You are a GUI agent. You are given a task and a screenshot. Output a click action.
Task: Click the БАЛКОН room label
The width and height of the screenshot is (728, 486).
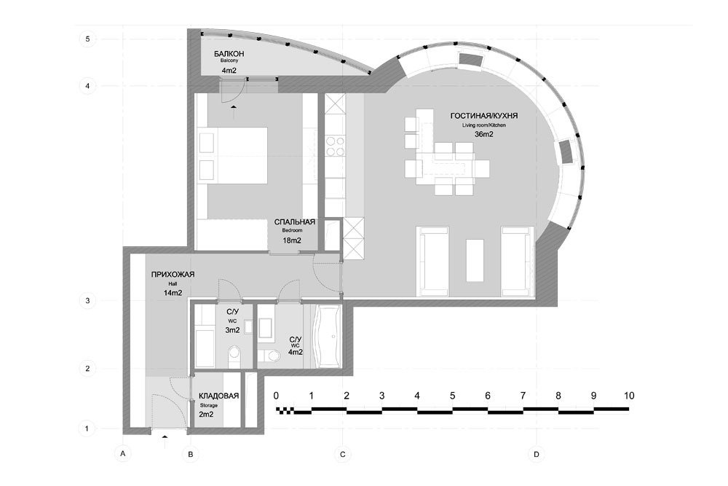coord(229,54)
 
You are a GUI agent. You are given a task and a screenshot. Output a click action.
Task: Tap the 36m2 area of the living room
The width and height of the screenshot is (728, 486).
coord(484,134)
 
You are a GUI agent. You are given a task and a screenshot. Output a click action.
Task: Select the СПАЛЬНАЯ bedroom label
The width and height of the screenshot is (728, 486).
coord(294,222)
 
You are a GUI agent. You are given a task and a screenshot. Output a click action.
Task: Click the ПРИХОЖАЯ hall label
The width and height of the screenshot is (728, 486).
coord(173,275)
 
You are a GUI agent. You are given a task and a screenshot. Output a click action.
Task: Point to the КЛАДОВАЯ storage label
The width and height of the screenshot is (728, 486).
coord(218,396)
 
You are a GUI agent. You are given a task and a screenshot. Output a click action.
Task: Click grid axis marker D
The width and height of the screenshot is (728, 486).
coord(537,455)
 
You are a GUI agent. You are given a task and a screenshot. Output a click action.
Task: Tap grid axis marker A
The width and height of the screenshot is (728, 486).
coord(122,453)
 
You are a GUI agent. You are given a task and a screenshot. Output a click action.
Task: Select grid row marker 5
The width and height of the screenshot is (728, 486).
coord(87,39)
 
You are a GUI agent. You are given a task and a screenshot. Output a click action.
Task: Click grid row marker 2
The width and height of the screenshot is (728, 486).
coord(87,369)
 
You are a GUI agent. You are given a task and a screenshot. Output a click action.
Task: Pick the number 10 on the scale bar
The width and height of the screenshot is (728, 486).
coord(629,396)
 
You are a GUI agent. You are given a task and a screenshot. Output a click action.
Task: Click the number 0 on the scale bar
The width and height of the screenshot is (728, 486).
coord(276,396)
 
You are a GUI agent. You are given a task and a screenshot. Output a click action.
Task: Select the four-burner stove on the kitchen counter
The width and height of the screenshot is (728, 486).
coord(335,146)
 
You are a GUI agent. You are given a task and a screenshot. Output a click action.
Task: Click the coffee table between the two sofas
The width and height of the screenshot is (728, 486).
coord(475,260)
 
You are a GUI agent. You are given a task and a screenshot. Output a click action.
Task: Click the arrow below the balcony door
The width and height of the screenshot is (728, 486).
coord(233,111)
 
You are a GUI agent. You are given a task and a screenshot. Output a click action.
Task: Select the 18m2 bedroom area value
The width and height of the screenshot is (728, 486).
coord(292,240)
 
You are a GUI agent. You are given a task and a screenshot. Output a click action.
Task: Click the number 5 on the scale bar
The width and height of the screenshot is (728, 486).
coord(452,396)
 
